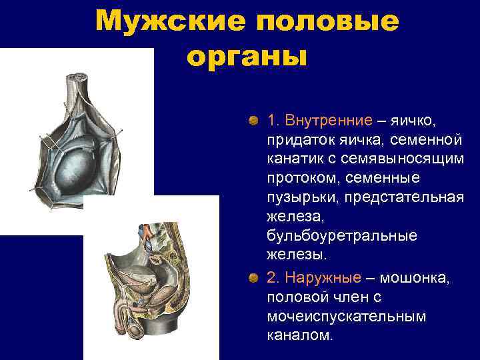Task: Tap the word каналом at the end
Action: pyautogui.click(x=299, y=335)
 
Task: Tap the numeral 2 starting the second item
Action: pyautogui.click(x=271, y=277)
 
